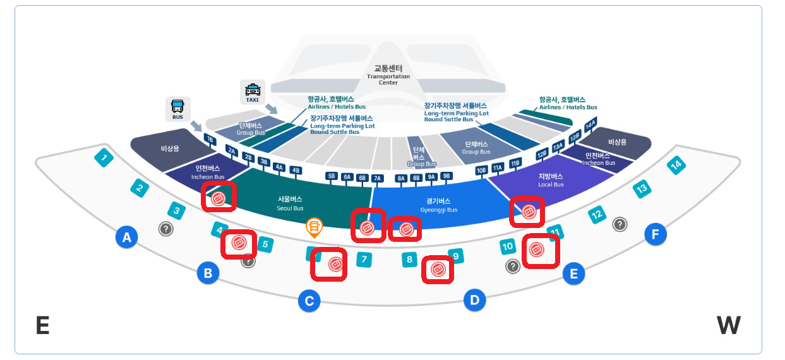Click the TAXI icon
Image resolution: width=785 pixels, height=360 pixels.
(x=252, y=92)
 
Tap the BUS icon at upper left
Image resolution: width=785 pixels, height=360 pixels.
(x=177, y=109)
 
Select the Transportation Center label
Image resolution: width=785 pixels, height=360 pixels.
(x=388, y=75)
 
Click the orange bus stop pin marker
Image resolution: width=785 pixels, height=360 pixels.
(x=314, y=227)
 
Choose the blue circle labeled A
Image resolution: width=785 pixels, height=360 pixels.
(x=127, y=237)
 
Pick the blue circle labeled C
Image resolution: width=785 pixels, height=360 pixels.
(x=309, y=301)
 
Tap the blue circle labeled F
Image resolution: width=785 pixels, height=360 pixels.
(x=655, y=235)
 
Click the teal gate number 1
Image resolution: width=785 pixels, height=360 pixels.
(x=104, y=157)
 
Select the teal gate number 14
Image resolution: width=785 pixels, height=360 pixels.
(x=676, y=166)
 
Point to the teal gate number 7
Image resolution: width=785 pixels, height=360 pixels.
(x=363, y=259)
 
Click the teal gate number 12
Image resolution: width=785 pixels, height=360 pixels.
(x=597, y=215)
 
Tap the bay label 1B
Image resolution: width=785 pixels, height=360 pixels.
(x=210, y=140)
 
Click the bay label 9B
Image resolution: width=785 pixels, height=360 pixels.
(x=446, y=176)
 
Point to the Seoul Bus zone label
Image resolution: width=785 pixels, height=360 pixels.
(x=290, y=203)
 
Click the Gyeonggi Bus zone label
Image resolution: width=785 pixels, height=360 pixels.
(x=438, y=205)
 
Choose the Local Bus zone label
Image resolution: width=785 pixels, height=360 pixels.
(x=550, y=180)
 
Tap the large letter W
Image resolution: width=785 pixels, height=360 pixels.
(x=728, y=326)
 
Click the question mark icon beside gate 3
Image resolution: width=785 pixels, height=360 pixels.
(x=165, y=229)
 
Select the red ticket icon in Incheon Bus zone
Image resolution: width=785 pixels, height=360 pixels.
(x=218, y=198)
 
